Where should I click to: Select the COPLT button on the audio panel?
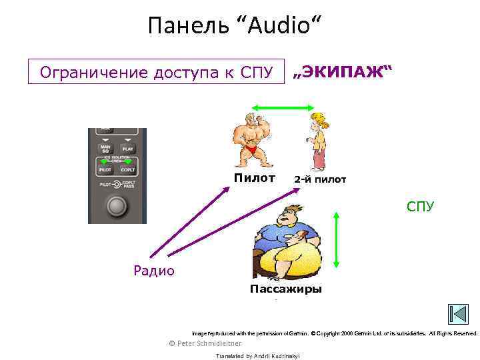pos(129,170)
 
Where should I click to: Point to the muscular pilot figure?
pos(253,141)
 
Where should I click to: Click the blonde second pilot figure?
pos(317,141)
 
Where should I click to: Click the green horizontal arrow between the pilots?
pos(282,107)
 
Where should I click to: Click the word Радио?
pos(154,270)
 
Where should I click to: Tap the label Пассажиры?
pos(285,289)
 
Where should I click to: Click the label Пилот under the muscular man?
pos(254,178)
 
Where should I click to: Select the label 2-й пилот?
pos(320,179)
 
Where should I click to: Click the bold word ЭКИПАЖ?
pos(343,72)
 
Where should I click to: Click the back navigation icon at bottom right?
pos(458,314)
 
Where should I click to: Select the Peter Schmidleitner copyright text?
pos(205,343)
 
